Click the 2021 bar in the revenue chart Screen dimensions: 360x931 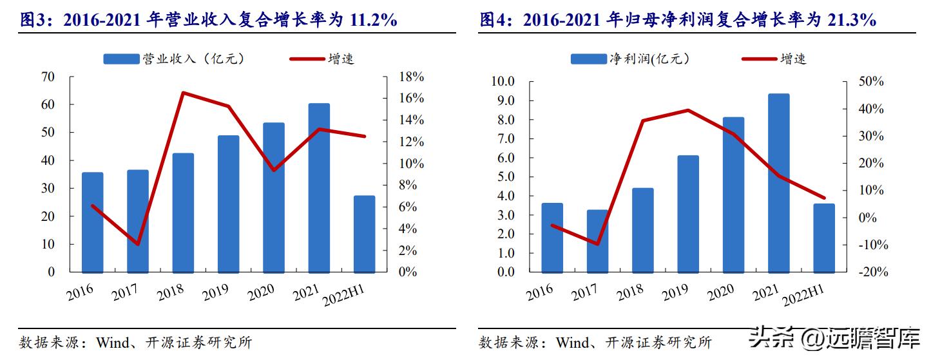[319, 187]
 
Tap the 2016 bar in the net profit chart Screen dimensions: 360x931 [552, 238]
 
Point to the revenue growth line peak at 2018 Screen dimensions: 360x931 [183, 93]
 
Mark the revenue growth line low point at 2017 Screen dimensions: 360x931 [138, 244]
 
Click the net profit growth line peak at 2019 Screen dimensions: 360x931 [688, 110]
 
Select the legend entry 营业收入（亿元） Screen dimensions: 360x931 [173, 59]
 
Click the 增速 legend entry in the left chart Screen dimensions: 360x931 [322, 59]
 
